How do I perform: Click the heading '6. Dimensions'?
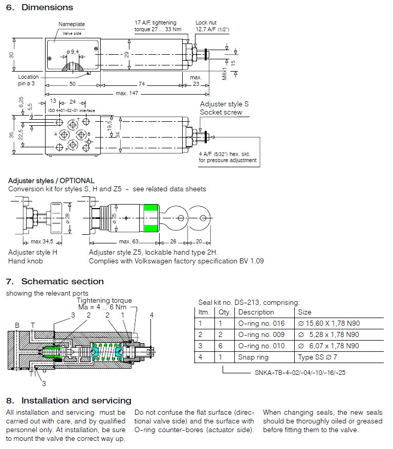pos(39,7)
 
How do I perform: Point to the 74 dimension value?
pos(141,84)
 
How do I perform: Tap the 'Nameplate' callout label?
pos(72,24)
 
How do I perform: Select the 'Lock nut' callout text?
pos(207,23)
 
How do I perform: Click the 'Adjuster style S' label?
pos(224,104)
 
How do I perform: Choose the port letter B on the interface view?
pos(89,134)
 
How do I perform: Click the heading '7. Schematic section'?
pos(55,281)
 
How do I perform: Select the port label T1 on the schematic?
pos(32,374)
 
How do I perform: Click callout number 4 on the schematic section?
pos(151,315)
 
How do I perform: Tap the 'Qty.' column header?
pos(225,312)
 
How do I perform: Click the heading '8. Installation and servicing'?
pos(69,400)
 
